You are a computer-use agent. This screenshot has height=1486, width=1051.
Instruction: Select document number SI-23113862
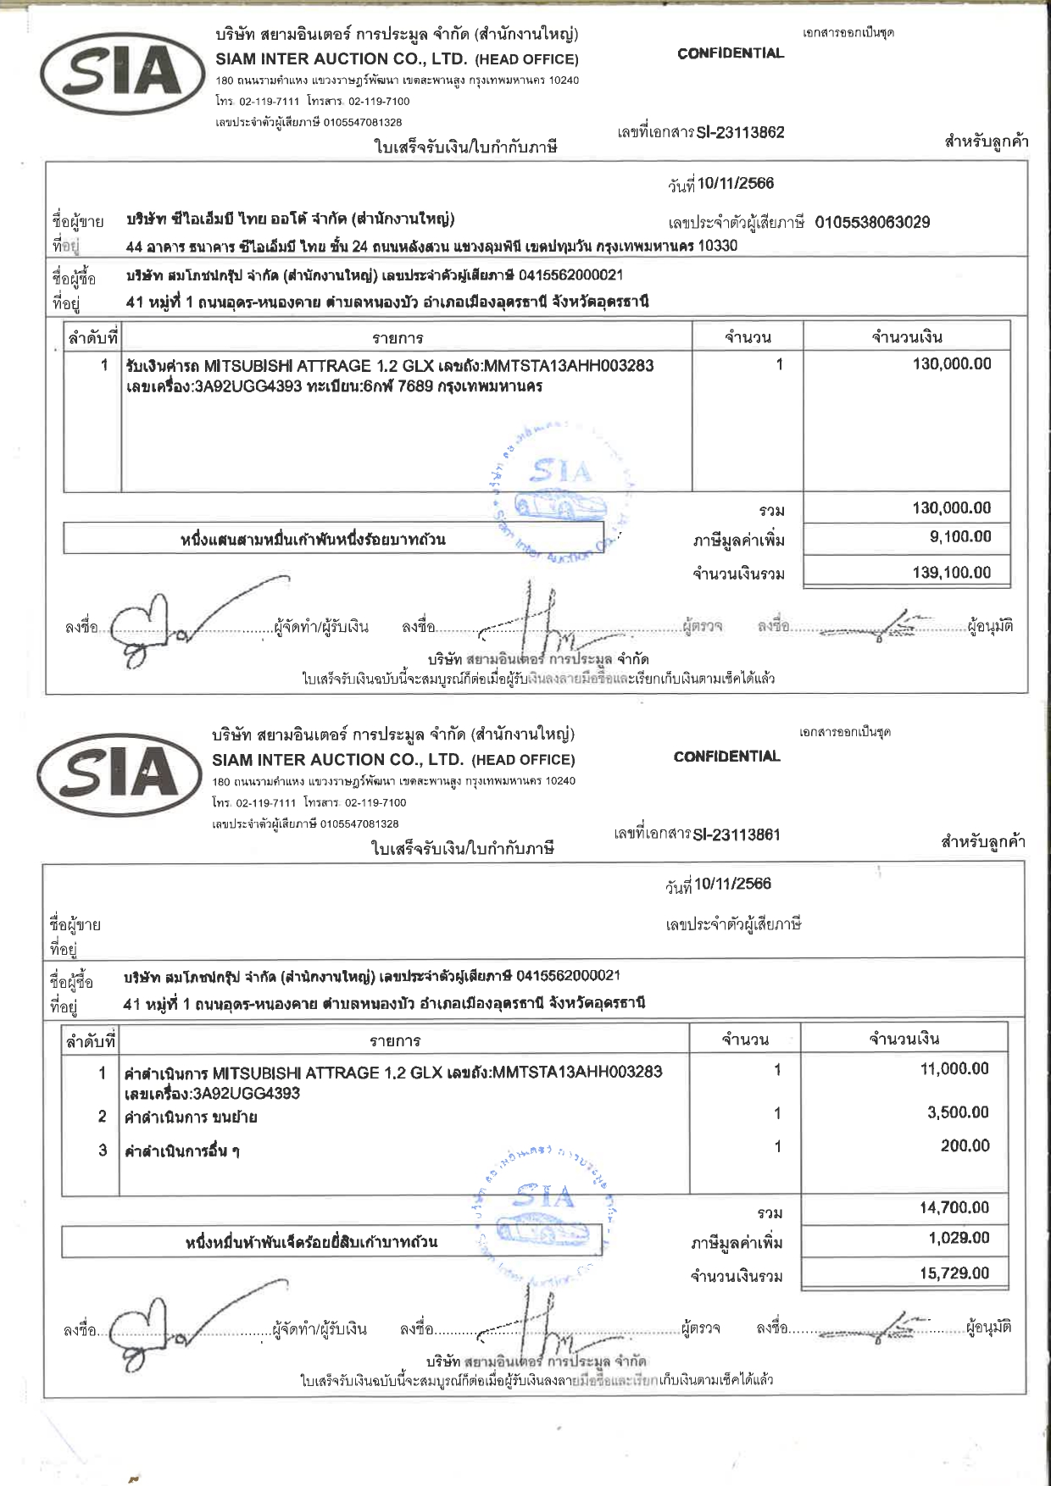740,132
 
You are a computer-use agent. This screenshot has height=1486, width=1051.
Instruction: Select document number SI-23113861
736,834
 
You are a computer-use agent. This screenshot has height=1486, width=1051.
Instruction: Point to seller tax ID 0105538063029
872,223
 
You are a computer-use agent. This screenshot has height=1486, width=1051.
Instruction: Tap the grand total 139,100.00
951,573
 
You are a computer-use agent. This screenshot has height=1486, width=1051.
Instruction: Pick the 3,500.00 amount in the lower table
957,1112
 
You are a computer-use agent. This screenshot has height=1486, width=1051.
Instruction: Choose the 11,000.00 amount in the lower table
954,1069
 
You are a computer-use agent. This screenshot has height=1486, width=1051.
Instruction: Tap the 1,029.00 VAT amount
959,1238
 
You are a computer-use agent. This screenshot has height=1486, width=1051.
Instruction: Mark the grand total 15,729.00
954,1273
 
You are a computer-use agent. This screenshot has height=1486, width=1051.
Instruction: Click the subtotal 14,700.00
954,1208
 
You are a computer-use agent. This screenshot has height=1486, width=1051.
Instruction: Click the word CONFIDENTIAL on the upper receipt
731,53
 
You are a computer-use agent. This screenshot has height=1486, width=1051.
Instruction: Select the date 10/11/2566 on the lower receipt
732,884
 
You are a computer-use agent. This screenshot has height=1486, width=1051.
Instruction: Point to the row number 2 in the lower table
103,1117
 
